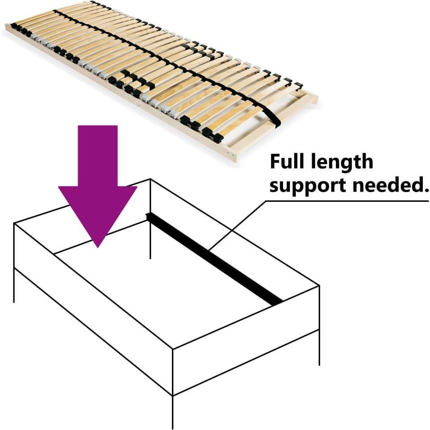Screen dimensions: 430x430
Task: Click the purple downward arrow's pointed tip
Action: (98, 247)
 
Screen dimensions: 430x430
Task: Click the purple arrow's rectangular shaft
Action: (98, 156)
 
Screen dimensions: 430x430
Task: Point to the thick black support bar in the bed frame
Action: (214, 259)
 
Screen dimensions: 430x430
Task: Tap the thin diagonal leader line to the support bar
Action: (237, 225)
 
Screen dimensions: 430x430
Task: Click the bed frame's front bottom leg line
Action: (173, 412)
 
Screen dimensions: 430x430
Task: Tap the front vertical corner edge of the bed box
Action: (173, 372)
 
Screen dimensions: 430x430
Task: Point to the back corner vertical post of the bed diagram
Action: (150, 219)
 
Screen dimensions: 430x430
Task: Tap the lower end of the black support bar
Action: (278, 302)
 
